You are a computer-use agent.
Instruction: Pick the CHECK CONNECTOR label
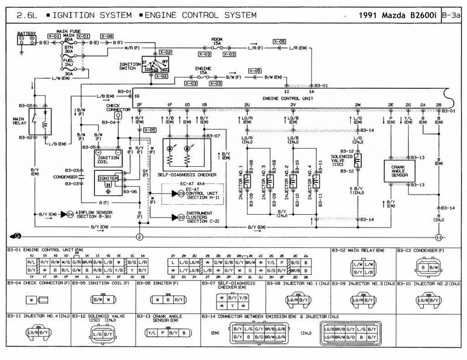tap(117, 109)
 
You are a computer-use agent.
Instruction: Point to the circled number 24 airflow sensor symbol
tap(70, 214)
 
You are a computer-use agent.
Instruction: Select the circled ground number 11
tap(438, 236)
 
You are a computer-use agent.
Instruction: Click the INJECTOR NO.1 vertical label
tap(240, 180)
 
